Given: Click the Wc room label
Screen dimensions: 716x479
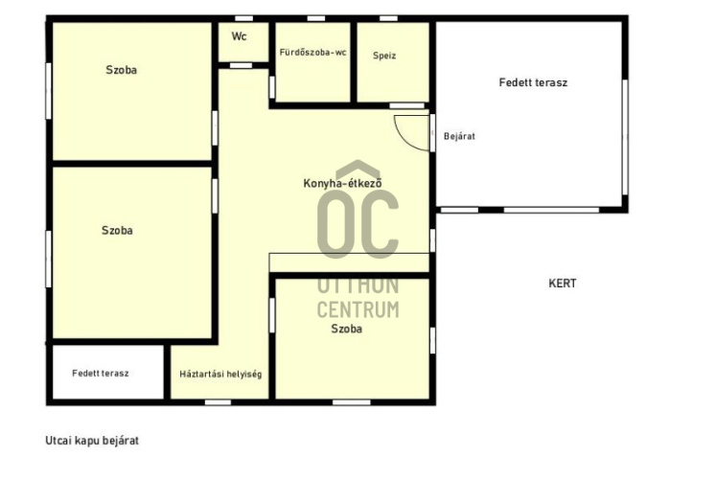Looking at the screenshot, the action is point(239,36).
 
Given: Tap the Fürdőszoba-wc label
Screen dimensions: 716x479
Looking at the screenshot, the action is point(312,53).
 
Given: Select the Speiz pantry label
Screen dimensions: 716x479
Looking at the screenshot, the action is point(384,56).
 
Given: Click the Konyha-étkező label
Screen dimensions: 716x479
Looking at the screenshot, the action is point(342,183).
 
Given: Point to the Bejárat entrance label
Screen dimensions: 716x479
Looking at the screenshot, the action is point(459,136).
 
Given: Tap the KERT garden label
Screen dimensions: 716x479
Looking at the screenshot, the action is point(562,284).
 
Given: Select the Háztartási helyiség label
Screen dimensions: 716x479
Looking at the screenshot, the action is point(220,375).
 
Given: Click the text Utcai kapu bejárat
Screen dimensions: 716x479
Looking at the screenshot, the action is point(92,441).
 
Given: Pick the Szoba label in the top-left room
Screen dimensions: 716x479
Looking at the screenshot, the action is point(121,70).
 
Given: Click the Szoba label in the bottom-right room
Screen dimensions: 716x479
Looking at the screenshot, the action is point(346,329).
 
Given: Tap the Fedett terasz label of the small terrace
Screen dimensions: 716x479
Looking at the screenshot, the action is point(101,374).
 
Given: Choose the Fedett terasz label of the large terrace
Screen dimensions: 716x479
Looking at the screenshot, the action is point(533,82).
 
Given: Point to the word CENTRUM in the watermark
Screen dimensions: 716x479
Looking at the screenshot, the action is point(358,309).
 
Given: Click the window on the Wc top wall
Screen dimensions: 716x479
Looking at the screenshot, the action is point(243,18).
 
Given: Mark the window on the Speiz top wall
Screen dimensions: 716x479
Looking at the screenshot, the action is point(388,18).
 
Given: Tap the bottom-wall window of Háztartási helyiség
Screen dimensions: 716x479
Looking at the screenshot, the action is point(218,402).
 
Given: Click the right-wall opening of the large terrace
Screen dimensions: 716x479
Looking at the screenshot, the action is point(625,137).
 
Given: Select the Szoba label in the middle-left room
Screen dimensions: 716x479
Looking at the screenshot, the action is point(117,230).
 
